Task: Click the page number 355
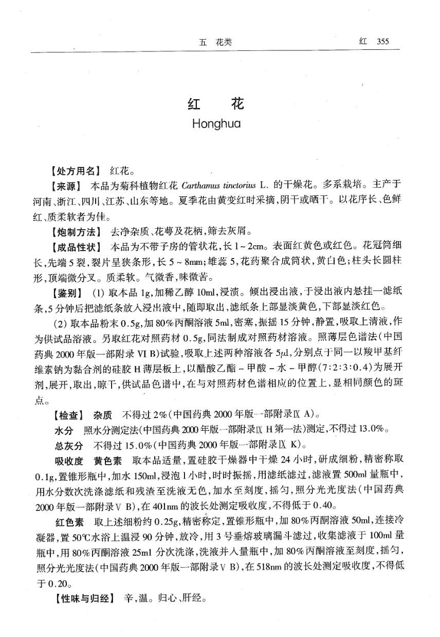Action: coord(381,42)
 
